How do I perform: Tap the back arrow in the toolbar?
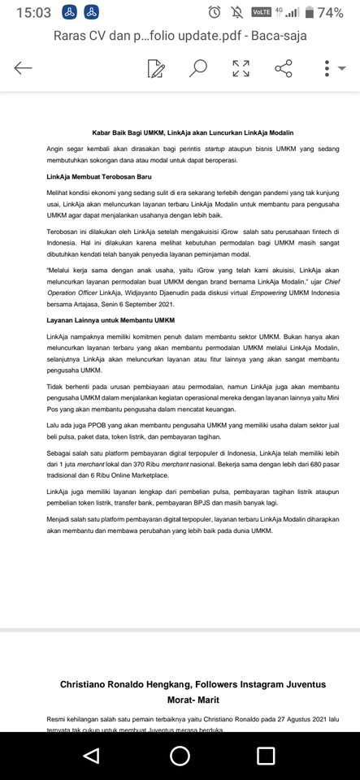coord(24,68)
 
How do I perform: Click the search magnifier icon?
coord(197,68)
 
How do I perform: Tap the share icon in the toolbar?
coord(283,68)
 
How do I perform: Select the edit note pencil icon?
coord(156,68)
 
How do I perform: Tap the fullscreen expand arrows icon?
coord(241,68)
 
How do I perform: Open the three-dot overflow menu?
coord(327,68)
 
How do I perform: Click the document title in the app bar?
coord(179,36)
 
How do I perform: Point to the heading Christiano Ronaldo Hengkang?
coord(192,684)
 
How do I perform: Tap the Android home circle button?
coord(180,756)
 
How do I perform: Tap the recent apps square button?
coord(266,756)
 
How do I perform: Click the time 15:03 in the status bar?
coord(33,12)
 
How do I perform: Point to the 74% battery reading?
coord(330,12)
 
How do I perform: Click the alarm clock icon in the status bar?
coord(214,12)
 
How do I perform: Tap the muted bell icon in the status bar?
coord(236,12)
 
